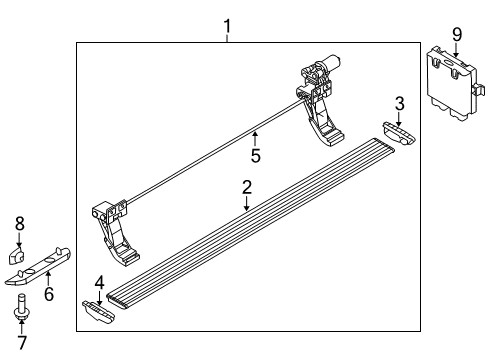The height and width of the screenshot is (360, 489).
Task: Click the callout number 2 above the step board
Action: point(246,187)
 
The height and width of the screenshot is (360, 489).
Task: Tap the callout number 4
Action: point(98,285)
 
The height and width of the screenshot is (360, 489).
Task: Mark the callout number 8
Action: point(17,225)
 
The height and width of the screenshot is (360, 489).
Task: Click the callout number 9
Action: point(456,36)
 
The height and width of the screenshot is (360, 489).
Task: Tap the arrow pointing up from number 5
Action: point(256,138)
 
